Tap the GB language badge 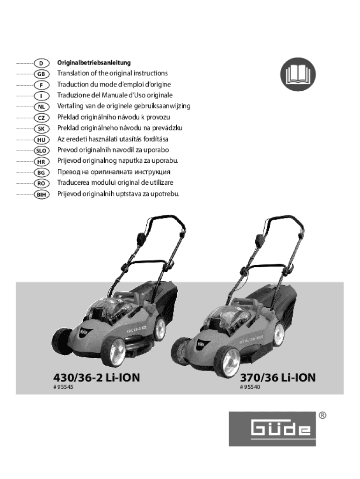41,74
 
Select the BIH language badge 41,194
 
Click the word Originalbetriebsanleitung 94,62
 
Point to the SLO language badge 41,151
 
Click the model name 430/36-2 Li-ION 96,377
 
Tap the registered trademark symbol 322,415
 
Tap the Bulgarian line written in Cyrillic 114,172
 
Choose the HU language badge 41,139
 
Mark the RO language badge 41,183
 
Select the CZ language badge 41,118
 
